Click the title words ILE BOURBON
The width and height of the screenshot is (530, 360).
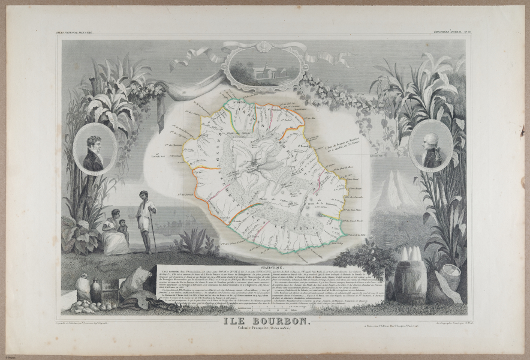(266, 321)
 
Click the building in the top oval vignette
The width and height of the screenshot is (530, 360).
(259, 70)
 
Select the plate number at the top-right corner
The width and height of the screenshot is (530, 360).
(503, 31)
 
